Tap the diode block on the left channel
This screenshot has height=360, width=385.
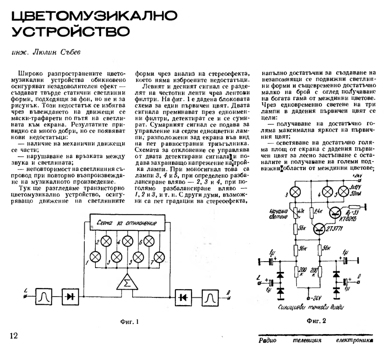pos(70,297)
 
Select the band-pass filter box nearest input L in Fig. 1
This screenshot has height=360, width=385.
pos(45,297)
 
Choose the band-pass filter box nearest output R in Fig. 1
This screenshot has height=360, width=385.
pos(210,297)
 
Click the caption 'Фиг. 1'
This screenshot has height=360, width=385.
pos(129,322)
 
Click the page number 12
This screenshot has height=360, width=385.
pos(13,335)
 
